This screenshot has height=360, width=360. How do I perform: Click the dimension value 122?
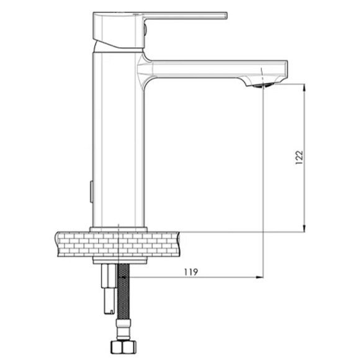299,157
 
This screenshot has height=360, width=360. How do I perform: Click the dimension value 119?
191,272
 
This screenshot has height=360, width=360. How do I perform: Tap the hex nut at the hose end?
124,347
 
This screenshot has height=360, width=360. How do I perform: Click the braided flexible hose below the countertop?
124,292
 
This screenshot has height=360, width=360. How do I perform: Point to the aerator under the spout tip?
261,86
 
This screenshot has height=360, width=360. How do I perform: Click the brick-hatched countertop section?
117,245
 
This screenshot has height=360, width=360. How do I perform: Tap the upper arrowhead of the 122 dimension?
304,88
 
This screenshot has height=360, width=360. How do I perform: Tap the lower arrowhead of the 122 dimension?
304,228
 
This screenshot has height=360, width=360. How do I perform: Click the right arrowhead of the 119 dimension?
259,277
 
